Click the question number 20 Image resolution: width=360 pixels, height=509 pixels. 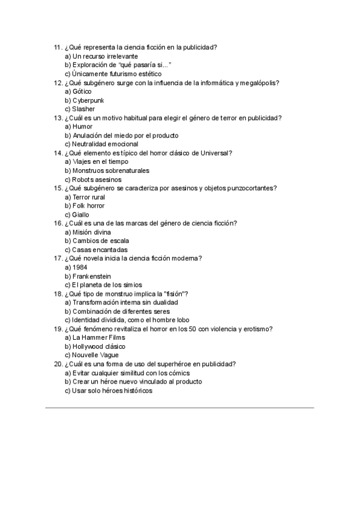click(x=58, y=364)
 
